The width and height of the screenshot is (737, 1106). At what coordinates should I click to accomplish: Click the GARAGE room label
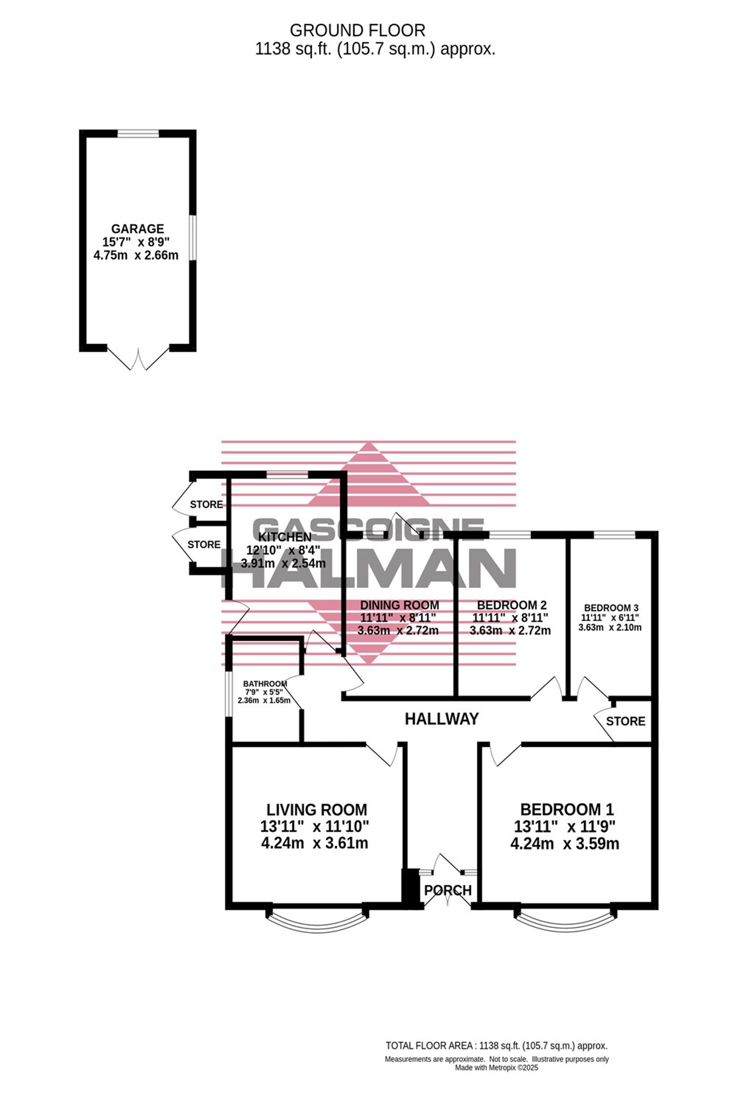tap(137, 229)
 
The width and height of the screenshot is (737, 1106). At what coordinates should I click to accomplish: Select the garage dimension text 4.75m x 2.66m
tap(136, 256)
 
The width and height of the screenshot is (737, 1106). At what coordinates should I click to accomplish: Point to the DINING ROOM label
tap(399, 605)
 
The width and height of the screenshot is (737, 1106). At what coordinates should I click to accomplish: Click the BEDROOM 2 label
tap(511, 605)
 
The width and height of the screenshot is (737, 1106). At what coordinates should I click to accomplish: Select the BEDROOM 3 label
tap(611, 608)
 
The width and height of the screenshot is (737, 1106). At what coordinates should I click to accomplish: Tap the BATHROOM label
tap(265, 684)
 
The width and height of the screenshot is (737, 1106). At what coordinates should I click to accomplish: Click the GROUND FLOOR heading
tap(357, 31)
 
